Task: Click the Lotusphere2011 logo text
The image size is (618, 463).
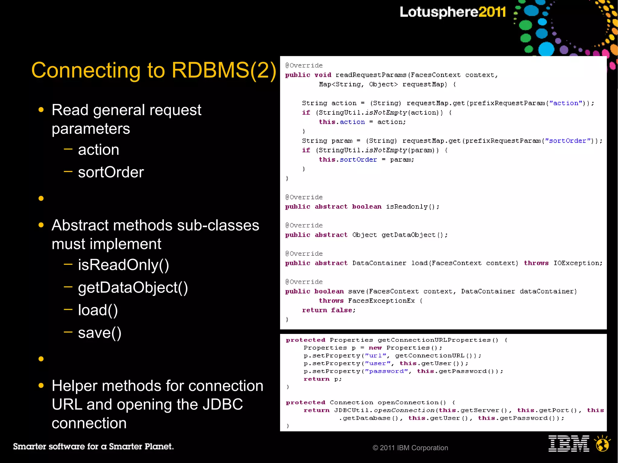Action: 452,12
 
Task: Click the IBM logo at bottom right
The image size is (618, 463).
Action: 569,444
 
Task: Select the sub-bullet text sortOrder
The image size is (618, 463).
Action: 111,172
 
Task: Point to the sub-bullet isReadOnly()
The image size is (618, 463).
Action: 123,265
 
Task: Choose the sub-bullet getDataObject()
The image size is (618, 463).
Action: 133,287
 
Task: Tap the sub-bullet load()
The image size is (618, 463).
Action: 98,310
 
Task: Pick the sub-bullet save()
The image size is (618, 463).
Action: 100,333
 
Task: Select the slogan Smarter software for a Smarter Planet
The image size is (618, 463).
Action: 93,446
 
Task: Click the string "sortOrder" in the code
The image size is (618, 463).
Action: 567,141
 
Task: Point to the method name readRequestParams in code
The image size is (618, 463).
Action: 371,75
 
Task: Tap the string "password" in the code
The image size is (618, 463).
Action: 386,371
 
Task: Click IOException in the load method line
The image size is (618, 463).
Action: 577,263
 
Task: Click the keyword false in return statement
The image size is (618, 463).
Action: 341,310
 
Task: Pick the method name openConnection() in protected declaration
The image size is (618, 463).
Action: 412,402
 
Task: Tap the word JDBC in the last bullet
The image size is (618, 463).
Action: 222,404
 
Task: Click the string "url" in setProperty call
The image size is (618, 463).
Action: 375,356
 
